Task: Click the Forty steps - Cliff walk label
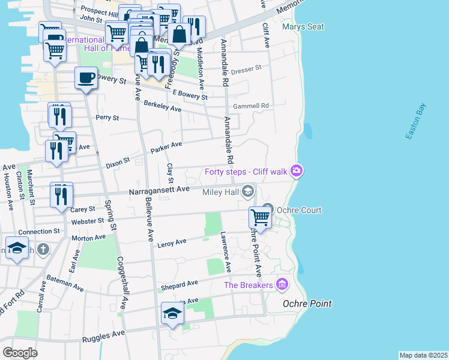(246, 172)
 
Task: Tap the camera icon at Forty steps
(296, 172)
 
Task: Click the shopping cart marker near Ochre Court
(261, 217)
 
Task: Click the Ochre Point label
(307, 304)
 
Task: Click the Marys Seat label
(303, 27)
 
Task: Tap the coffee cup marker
(86, 78)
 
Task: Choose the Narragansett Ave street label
(159, 190)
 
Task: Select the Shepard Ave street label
(179, 283)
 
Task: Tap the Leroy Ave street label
(172, 242)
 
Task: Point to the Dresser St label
(246, 68)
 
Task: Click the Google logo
(20, 352)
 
